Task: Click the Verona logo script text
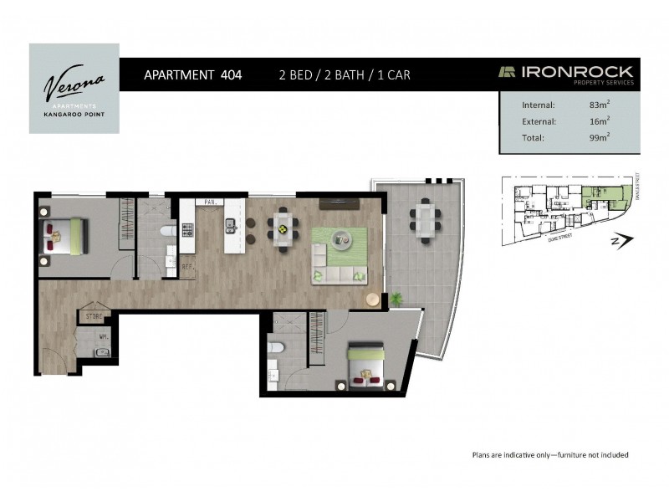(x=74, y=83)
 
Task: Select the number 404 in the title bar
(x=231, y=74)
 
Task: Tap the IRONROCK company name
(x=578, y=72)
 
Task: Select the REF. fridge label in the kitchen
(x=188, y=268)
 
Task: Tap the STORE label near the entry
(x=93, y=317)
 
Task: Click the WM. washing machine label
(x=102, y=338)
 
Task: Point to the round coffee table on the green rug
(x=341, y=240)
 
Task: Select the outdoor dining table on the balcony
(x=423, y=221)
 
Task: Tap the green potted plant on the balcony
(x=396, y=296)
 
